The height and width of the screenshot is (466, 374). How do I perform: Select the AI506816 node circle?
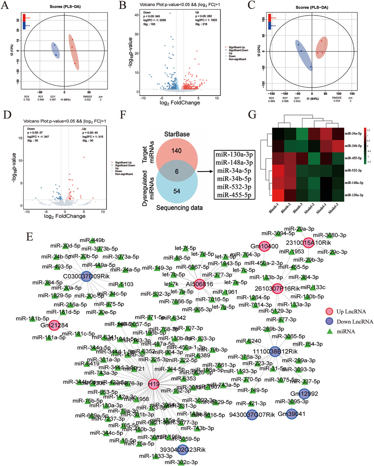pyautogui.click(x=199, y=284)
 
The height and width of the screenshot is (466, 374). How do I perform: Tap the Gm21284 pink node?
pyautogui.click(x=54, y=325)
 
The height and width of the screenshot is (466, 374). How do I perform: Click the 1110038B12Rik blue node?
pyautogui.click(x=275, y=351)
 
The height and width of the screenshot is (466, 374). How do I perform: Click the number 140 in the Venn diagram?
pyautogui.click(x=177, y=151)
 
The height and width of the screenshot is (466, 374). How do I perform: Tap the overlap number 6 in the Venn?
pyautogui.click(x=177, y=172)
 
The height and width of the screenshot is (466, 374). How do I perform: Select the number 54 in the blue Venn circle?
pyautogui.click(x=177, y=191)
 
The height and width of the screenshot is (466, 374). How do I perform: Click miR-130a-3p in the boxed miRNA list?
pyautogui.click(x=234, y=154)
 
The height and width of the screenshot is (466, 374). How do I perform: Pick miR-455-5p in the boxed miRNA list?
pyautogui.click(x=234, y=195)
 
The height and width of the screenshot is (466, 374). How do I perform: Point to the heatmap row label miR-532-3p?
pyautogui.click(x=353, y=170)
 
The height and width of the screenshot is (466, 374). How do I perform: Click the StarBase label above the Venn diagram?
pyautogui.click(x=177, y=134)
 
